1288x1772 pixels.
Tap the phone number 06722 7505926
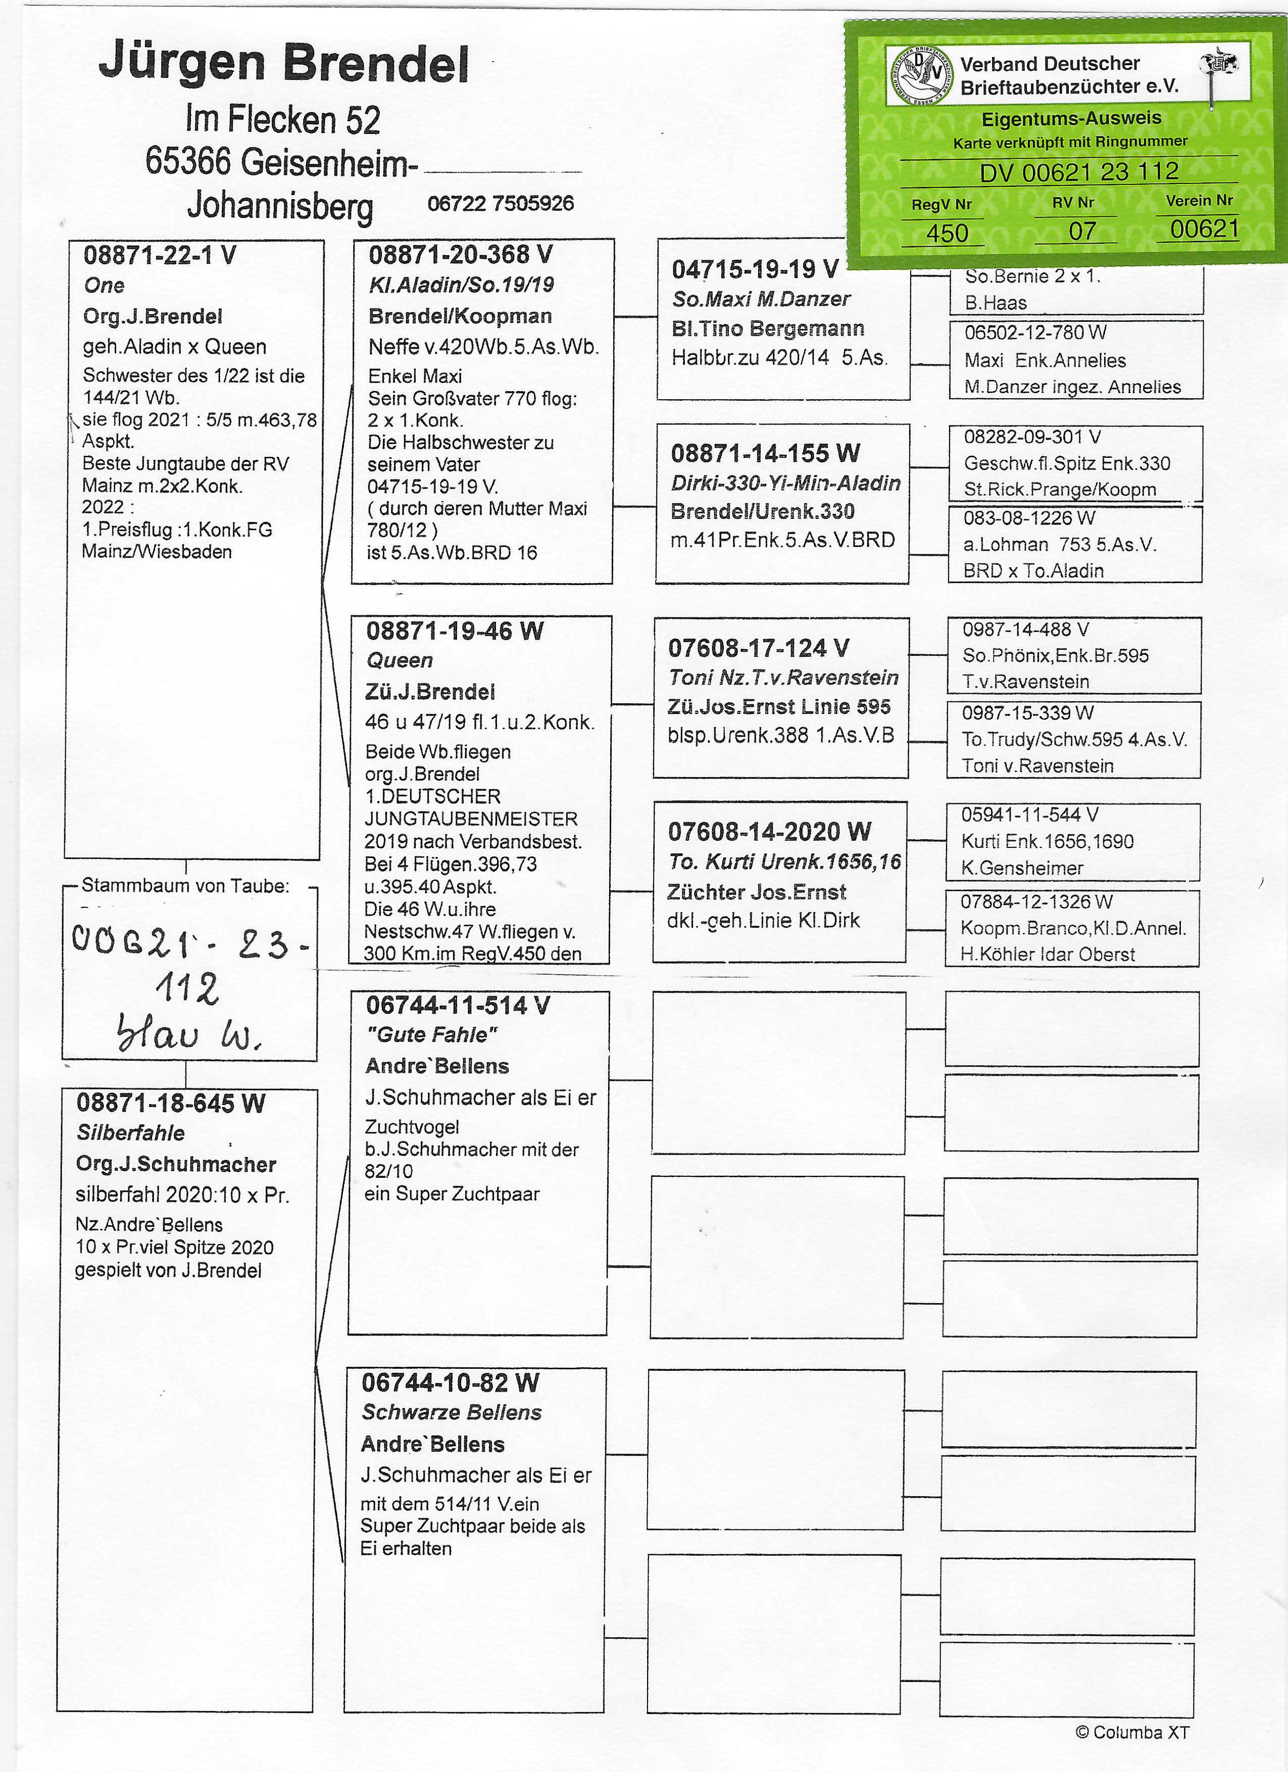500,204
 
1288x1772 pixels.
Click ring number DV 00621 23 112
1079,172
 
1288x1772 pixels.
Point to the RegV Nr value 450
947,233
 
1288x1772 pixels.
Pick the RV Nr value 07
1082,231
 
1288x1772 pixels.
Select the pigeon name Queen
399,661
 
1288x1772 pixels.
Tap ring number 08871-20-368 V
460,255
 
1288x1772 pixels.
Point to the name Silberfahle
130,1133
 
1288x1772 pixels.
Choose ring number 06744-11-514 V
458,1005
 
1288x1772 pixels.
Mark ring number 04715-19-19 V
755,269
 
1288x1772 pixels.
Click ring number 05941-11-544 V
1029,815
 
